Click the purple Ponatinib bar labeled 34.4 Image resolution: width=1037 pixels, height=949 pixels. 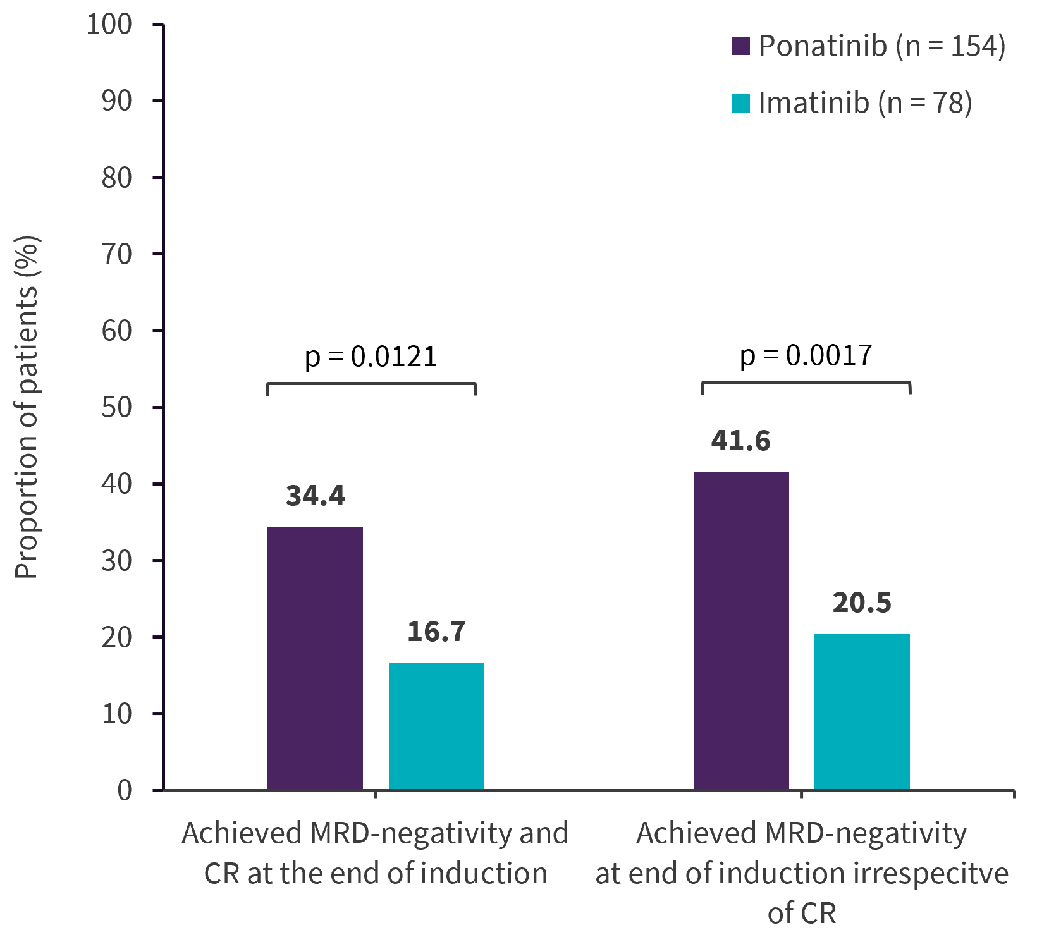(x=315, y=658)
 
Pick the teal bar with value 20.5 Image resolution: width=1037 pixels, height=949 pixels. (x=862, y=711)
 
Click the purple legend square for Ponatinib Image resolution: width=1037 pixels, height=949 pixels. (x=740, y=46)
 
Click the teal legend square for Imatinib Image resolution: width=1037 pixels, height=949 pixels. (x=740, y=103)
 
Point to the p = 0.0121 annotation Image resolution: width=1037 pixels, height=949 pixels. (x=371, y=357)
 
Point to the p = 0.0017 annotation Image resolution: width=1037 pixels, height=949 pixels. (x=806, y=356)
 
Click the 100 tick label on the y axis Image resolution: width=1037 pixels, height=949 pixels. (x=109, y=25)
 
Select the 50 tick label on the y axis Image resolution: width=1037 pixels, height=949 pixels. (x=116, y=407)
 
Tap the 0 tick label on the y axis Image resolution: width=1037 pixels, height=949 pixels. (x=125, y=790)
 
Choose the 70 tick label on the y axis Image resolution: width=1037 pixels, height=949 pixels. (x=116, y=254)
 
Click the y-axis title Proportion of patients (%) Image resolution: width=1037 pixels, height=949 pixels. (x=27, y=407)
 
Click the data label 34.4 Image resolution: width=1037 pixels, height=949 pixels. (x=316, y=496)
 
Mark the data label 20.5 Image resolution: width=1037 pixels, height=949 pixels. (x=862, y=603)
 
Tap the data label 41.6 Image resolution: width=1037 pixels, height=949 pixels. (x=741, y=441)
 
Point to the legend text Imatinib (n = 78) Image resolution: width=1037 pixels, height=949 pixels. (x=865, y=103)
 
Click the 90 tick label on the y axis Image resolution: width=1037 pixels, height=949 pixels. (x=116, y=101)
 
